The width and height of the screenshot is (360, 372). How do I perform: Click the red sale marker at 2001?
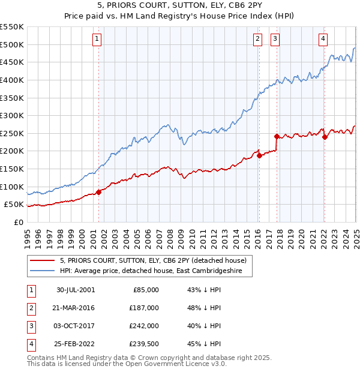pos(99,192)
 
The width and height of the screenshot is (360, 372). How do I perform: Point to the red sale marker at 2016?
pos(259,155)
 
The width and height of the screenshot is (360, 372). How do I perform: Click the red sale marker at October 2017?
pos(277,136)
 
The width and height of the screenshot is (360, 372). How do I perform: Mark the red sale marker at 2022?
pos(325,137)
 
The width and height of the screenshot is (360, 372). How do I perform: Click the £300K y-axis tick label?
pos(13,115)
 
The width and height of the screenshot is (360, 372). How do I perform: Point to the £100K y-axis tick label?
pos(13,187)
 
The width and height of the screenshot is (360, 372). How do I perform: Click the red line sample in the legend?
pos(43,260)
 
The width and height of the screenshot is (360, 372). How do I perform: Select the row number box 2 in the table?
pos(29,308)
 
